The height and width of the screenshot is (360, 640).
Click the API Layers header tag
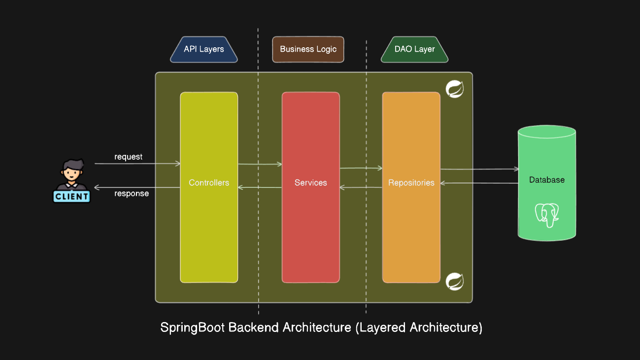pos(203,49)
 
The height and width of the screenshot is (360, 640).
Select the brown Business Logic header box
pos(308,49)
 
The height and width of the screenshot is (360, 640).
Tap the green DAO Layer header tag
pos(414,49)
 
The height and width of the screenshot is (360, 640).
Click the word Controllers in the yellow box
pos(209,183)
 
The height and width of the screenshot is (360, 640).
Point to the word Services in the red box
pos(310,183)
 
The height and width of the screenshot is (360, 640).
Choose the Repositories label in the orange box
pos(411,183)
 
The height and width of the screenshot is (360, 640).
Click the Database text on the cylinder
pos(546,180)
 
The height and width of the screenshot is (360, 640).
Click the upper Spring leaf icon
pos(454,90)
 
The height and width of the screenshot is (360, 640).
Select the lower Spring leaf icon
pos(454,281)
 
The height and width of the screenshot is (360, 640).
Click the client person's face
pos(71,173)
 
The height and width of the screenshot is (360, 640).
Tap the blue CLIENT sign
pos(71,196)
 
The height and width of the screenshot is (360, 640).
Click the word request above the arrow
pos(128,157)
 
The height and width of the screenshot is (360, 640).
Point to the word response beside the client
pos(132,194)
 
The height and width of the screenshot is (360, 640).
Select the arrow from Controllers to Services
pos(260,164)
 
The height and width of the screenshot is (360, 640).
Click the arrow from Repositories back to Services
pos(361,187)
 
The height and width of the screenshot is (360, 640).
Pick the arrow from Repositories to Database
pos(479,169)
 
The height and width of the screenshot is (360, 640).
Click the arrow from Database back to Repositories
pos(479,183)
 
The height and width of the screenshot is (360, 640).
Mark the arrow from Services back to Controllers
pos(260,187)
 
